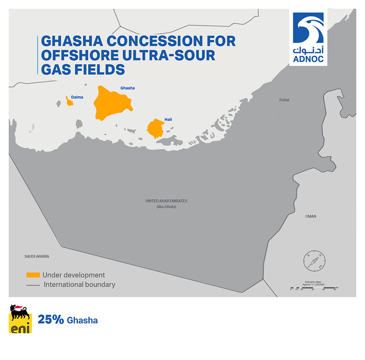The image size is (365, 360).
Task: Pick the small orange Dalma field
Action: click(70, 102)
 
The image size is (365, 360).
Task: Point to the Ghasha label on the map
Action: click(127, 88)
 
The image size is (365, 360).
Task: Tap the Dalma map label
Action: click(77, 97)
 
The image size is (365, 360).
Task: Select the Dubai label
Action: click(285, 100)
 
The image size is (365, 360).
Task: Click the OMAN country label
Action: click(311, 217)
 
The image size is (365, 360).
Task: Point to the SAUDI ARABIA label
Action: click(37, 257)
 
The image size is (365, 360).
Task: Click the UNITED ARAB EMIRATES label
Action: click(166, 201)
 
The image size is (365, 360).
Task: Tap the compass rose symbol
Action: click(314, 261)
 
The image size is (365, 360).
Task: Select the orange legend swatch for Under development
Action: click(33, 275)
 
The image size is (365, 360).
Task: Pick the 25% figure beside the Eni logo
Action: click(51, 320)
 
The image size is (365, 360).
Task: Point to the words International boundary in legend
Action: click(79, 285)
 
